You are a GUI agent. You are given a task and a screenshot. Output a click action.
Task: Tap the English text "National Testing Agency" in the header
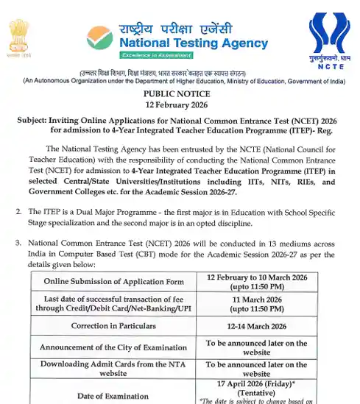194,43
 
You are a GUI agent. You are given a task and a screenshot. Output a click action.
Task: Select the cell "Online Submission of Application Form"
113,281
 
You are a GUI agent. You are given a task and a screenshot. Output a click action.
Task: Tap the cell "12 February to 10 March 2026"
257,277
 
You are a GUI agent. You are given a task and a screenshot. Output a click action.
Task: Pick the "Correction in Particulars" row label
113,326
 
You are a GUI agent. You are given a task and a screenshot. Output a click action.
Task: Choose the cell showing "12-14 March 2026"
257,326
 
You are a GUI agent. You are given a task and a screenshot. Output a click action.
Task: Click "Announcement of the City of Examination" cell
113,348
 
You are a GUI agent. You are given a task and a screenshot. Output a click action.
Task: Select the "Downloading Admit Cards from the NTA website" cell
113,369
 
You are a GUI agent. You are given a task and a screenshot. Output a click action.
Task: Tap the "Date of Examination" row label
113,396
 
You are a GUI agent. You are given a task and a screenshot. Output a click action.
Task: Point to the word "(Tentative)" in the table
257,392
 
